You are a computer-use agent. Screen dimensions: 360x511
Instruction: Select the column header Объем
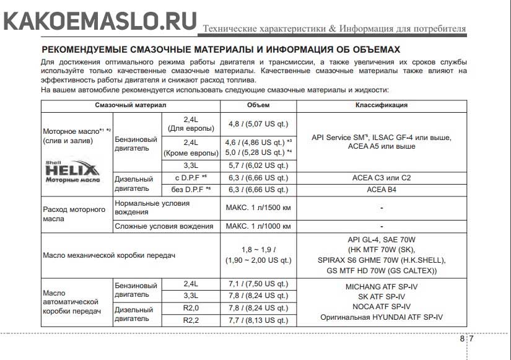[x=258, y=105]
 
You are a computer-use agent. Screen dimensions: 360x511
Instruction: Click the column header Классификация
[x=381, y=105]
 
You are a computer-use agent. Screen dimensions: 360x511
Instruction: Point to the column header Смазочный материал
[x=130, y=105]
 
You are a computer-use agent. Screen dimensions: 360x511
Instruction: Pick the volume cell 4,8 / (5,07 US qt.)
[x=258, y=123]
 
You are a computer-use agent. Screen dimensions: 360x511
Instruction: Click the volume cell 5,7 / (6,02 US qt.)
[x=258, y=165]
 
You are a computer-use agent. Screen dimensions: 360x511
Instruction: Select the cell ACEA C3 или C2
[x=381, y=178]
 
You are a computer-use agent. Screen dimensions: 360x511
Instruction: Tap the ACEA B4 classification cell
[x=381, y=189]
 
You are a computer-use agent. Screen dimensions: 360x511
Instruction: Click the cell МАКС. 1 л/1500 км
[x=258, y=207]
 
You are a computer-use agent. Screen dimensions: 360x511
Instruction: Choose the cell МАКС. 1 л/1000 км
[x=258, y=226]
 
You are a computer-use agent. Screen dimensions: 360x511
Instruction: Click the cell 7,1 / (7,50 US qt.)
[x=258, y=284]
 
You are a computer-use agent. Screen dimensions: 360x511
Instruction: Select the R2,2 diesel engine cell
[x=191, y=320]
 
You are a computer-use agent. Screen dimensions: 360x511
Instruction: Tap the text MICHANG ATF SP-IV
[x=381, y=287]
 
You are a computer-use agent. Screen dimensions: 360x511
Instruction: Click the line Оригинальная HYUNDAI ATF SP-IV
[x=381, y=317]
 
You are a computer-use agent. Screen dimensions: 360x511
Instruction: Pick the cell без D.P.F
[x=191, y=189]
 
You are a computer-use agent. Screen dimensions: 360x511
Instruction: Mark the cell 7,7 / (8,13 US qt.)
[x=258, y=320]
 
